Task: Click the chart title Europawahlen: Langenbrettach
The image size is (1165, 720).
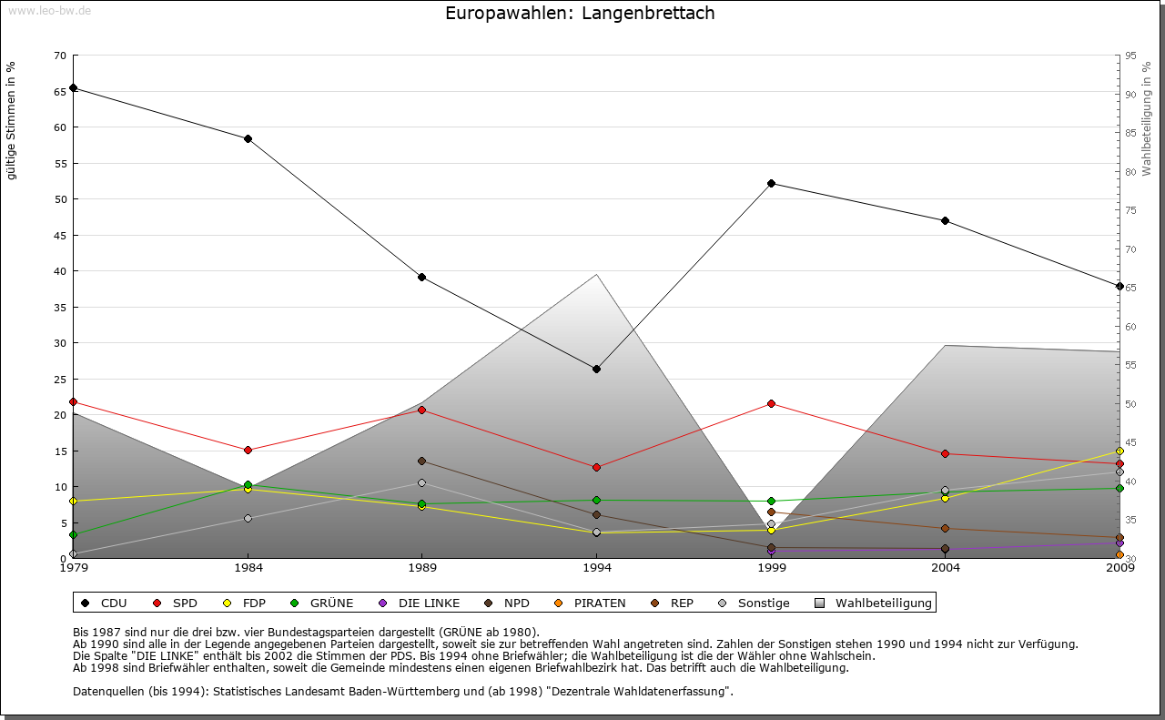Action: coord(580,14)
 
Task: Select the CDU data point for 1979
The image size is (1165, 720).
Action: coord(73,88)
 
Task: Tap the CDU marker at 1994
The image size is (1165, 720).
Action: coord(596,369)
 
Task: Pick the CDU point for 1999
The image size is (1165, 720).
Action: coord(771,183)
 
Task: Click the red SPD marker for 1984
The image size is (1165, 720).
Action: coord(248,450)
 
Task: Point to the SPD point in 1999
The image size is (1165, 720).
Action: coord(771,403)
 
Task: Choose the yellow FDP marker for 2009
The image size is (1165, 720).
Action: coord(1119,451)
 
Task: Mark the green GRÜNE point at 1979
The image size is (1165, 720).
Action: coord(73,534)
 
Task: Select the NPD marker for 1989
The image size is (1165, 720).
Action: coord(421,461)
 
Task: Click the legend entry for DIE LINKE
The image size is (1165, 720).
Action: coord(420,603)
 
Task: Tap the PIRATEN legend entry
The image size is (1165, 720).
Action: coord(591,603)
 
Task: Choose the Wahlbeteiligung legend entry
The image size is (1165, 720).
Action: coord(874,603)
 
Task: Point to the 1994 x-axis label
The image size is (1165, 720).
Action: coord(597,569)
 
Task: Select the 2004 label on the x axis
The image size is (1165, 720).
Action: coord(946,569)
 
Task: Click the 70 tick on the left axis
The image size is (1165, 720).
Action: coord(60,56)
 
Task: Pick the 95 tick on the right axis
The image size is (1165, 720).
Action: coord(1130,56)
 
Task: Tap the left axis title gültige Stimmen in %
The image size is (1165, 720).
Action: coord(12,120)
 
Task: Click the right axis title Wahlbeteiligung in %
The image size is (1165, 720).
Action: coord(1147,119)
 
